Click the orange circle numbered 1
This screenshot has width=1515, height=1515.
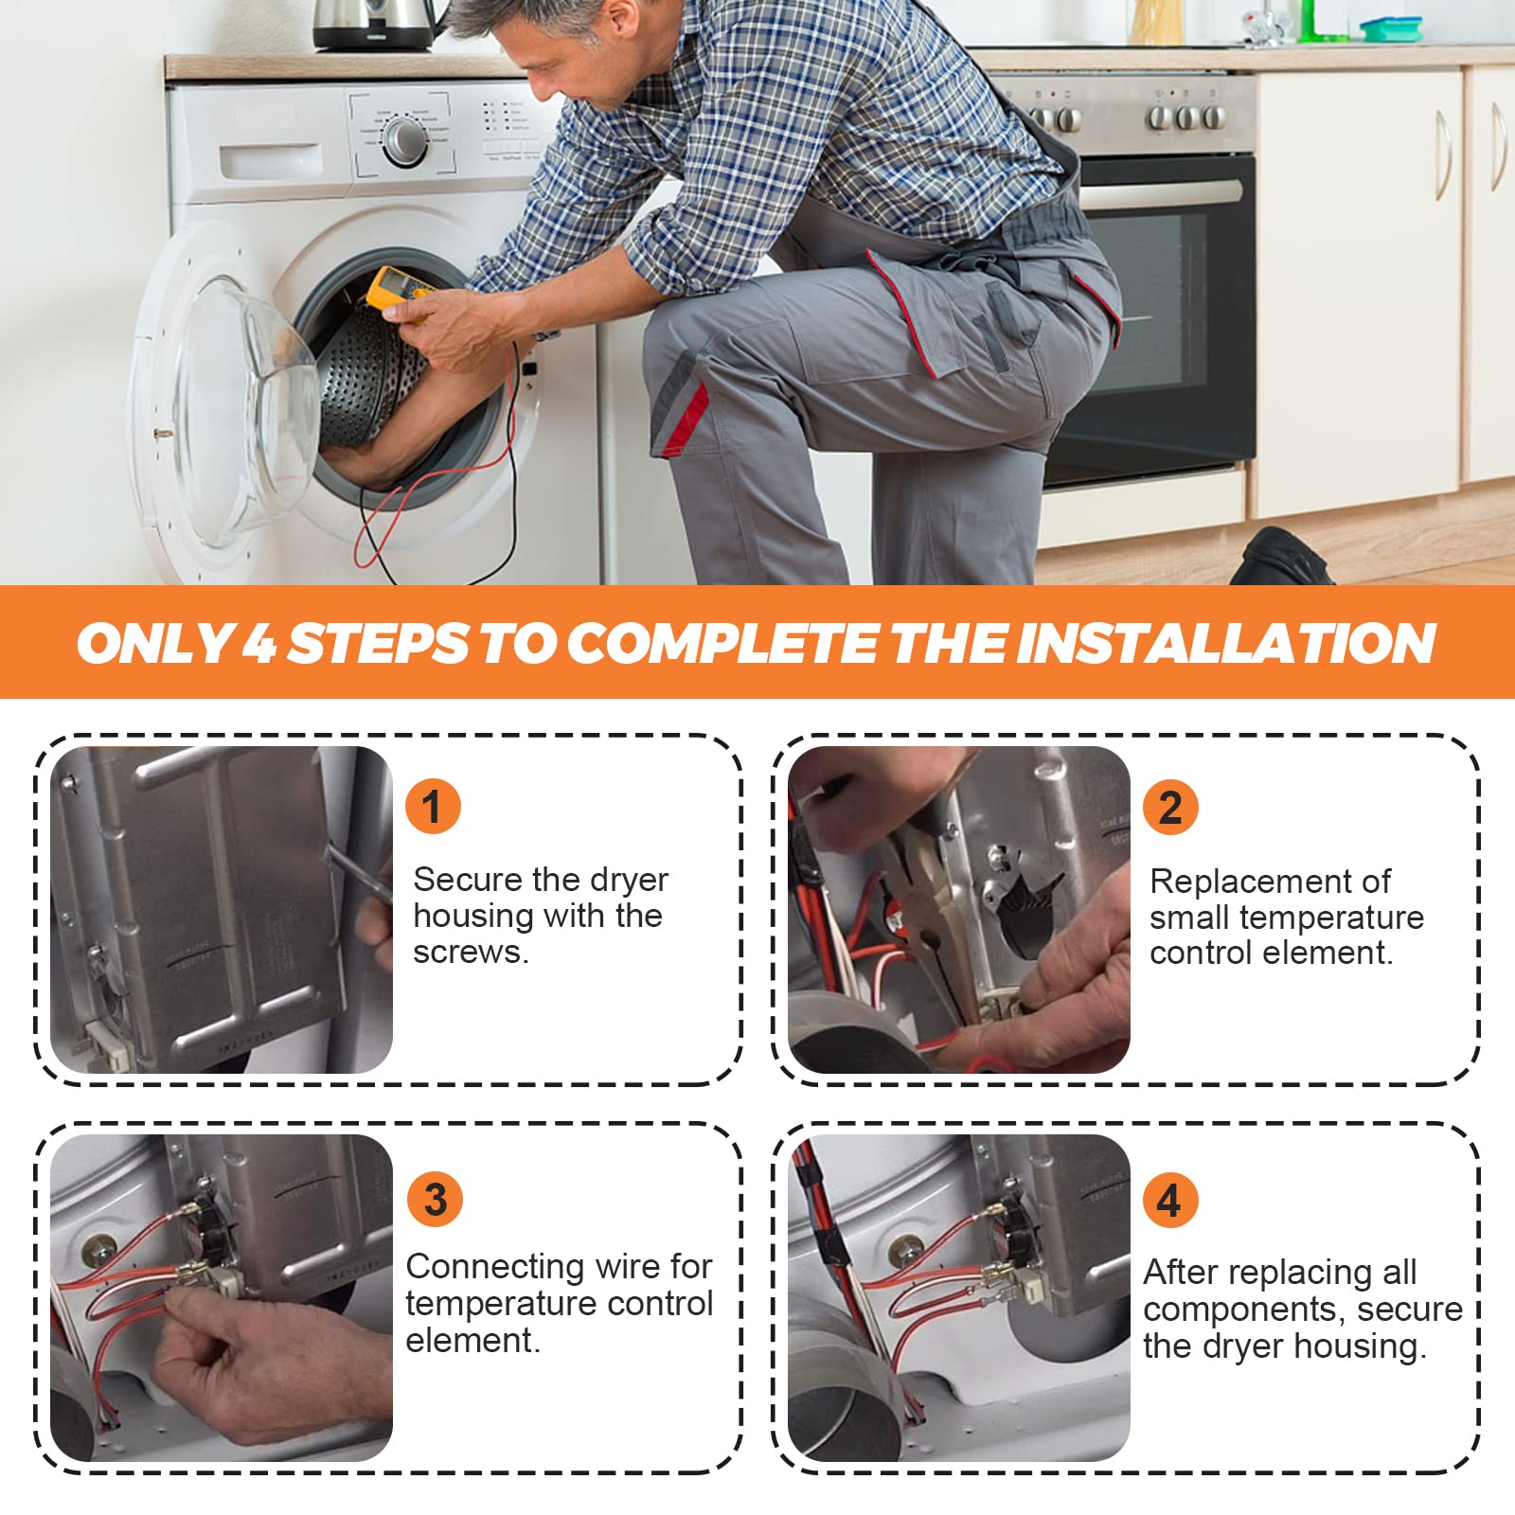433,807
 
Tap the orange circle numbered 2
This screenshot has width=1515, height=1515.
1170,808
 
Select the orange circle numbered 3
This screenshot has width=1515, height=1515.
435,1200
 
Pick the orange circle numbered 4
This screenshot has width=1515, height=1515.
1170,1200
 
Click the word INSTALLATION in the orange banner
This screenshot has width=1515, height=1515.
1225,643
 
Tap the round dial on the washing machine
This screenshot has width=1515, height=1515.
405,142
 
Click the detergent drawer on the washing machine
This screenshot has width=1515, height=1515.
271,160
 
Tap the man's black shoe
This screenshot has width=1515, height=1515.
1280,557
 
